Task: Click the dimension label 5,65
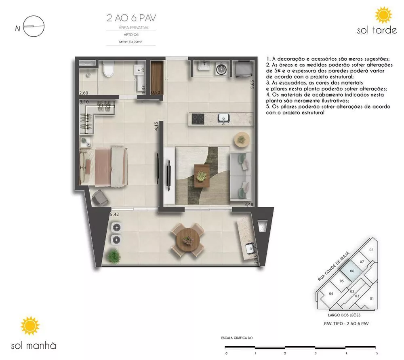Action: [x=252, y=86]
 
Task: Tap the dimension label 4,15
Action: [x=156, y=126]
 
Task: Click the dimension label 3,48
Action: [x=248, y=205]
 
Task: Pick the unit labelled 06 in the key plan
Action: [x=352, y=272]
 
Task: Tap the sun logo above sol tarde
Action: [x=383, y=15]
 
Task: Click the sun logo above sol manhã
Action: [x=30, y=326]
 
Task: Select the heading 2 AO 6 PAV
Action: [x=131, y=18]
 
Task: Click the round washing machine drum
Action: [x=221, y=68]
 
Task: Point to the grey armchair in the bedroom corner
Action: [x=99, y=199]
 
